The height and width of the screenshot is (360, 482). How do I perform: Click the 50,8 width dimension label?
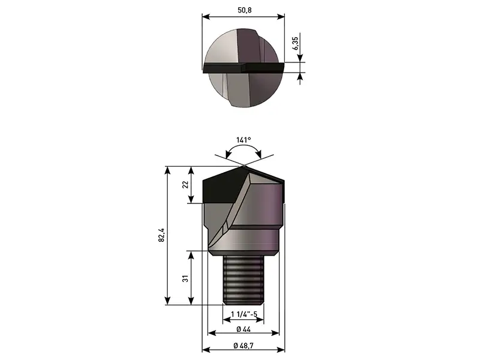point(245,10)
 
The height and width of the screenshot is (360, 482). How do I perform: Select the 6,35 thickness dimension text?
point(295,43)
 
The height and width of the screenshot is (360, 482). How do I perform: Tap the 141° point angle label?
point(243,140)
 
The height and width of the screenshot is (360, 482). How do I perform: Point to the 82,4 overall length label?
point(162,235)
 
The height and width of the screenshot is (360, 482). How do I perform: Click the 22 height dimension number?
point(185,185)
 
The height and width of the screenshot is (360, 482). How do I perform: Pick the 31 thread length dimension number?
point(185,279)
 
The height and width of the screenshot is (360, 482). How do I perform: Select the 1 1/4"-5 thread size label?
point(244,314)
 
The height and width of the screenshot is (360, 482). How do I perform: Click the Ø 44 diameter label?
point(243,329)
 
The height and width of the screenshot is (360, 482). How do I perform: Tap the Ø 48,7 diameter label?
point(243,346)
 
